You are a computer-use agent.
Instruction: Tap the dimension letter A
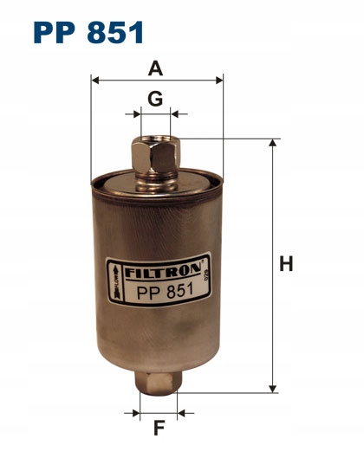coord(155,68)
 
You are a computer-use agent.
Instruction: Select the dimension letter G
coord(155,99)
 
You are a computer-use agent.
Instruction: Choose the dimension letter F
coord(157,427)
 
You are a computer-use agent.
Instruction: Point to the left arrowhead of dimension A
coord(96,81)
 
